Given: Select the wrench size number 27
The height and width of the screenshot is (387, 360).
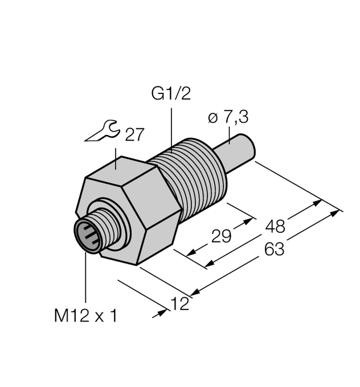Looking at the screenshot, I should [134, 135].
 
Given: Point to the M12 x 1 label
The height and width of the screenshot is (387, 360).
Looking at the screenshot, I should [85, 316].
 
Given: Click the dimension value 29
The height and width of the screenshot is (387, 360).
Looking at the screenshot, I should [222, 236].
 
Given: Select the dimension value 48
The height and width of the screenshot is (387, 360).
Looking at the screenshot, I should [276, 226].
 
